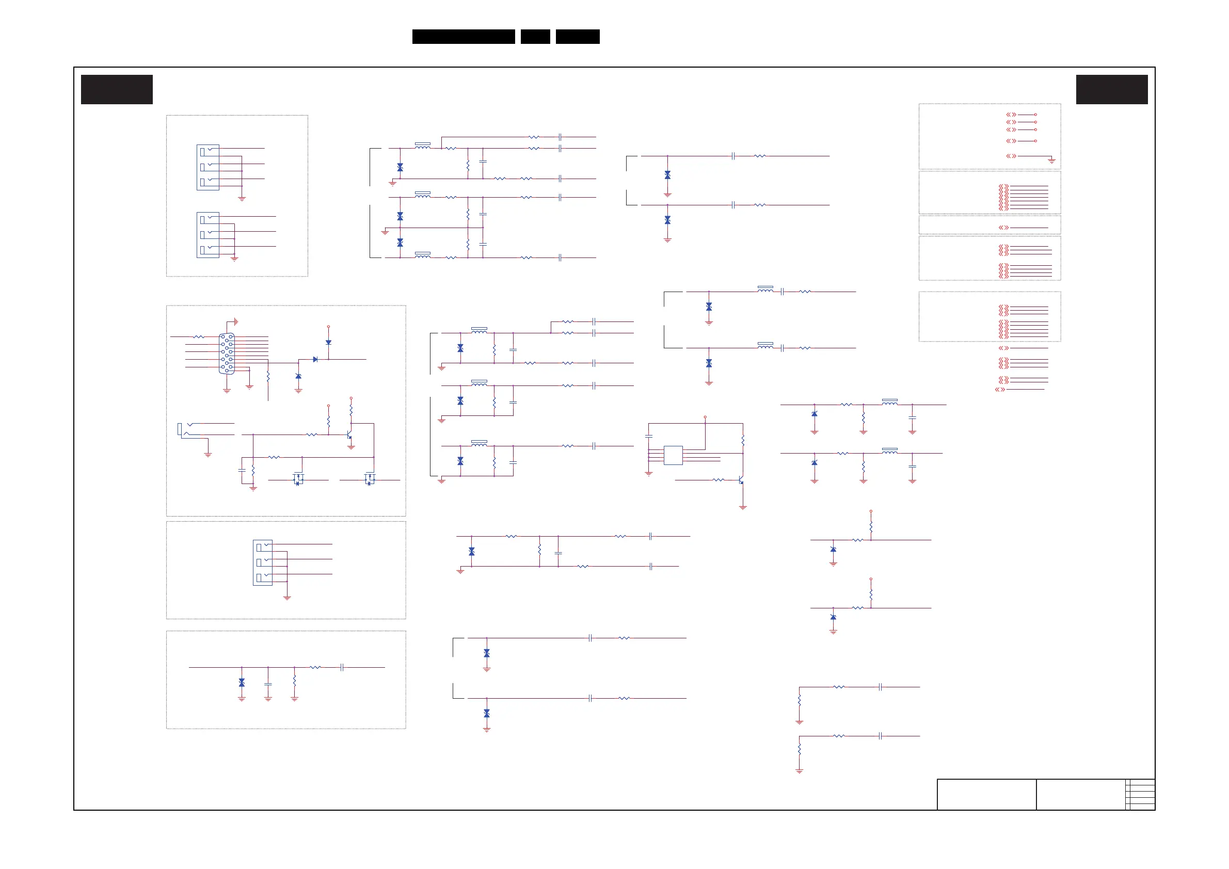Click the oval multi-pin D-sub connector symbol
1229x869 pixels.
pyautogui.click(x=227, y=353)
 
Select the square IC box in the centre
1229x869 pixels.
pyautogui.click(x=673, y=455)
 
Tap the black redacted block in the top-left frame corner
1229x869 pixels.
pyautogui.click(x=117, y=89)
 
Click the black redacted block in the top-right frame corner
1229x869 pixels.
pyautogui.click(x=1112, y=89)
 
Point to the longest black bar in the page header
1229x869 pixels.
pyautogui.click(x=464, y=37)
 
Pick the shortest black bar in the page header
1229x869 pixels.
pyautogui.click(x=535, y=37)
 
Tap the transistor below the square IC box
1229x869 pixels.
pyautogui.click(x=741, y=480)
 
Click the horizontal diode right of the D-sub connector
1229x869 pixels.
pyautogui.click(x=315, y=360)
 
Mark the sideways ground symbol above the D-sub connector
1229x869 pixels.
pyautogui.click(x=235, y=321)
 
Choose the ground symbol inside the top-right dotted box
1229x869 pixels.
pyautogui.click(x=1051, y=160)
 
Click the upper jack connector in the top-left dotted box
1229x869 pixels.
pyautogui.click(x=208, y=167)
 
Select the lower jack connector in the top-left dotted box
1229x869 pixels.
pyautogui.click(x=208, y=235)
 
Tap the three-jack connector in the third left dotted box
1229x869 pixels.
pyautogui.click(x=262, y=562)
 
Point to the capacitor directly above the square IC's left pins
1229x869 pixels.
pyautogui.click(x=649, y=437)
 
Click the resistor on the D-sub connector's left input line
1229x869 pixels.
pyautogui.click(x=199, y=336)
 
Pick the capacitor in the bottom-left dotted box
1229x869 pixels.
pyautogui.click(x=268, y=684)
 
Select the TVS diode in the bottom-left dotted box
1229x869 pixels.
pyautogui.click(x=242, y=683)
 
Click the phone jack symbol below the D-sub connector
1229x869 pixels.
pyautogui.click(x=185, y=430)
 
